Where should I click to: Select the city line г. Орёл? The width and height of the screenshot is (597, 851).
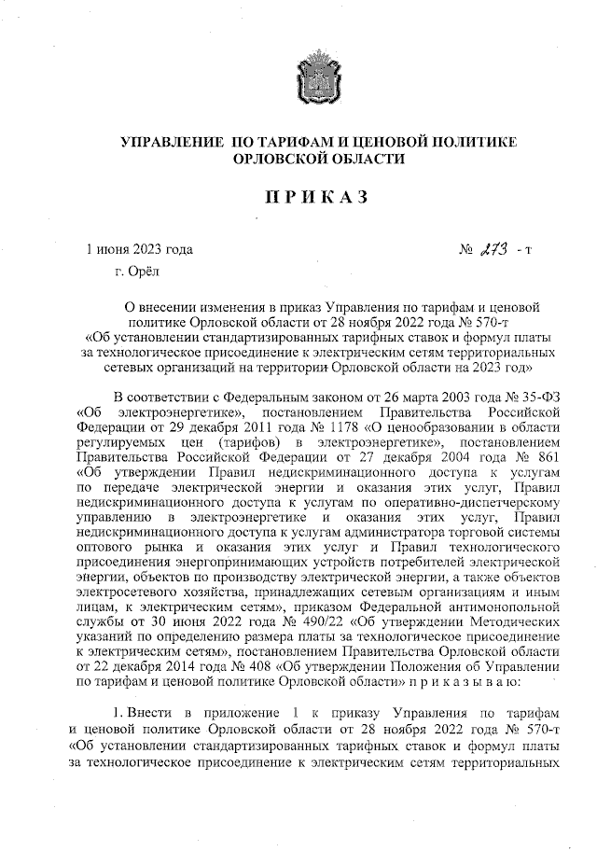tap(137, 272)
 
